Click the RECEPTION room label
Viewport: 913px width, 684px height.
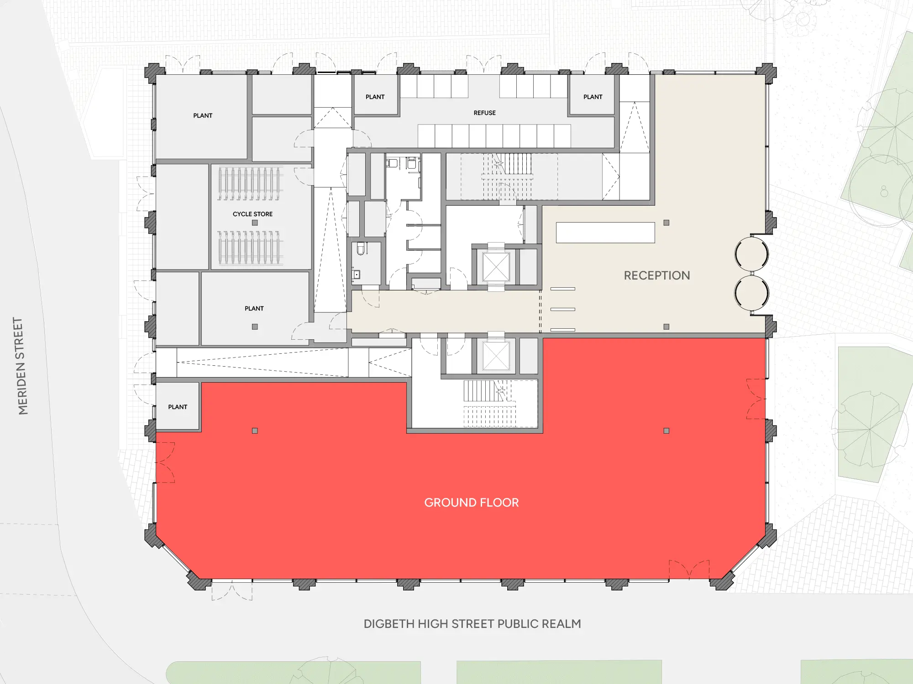point(657,275)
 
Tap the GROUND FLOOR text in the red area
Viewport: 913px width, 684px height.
point(472,503)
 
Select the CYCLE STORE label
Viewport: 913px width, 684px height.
point(252,214)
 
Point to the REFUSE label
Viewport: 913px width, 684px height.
point(484,113)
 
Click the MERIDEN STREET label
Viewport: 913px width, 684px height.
point(21,366)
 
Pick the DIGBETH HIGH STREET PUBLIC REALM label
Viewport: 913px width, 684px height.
point(472,624)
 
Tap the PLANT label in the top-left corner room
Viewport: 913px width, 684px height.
point(203,115)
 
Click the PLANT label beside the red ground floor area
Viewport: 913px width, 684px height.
point(178,407)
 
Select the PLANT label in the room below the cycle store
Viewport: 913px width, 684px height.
point(254,308)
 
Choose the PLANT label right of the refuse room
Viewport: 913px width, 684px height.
point(593,97)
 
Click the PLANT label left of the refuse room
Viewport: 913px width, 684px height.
point(375,97)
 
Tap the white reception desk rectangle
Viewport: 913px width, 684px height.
point(605,233)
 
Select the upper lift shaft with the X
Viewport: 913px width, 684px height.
point(496,267)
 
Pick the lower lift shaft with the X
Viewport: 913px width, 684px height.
point(496,356)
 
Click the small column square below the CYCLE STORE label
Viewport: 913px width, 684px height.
point(255,223)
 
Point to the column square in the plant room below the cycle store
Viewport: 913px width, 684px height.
point(255,327)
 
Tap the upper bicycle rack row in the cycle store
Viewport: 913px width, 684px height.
point(250,184)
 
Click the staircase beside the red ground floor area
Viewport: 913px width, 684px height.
point(490,404)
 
